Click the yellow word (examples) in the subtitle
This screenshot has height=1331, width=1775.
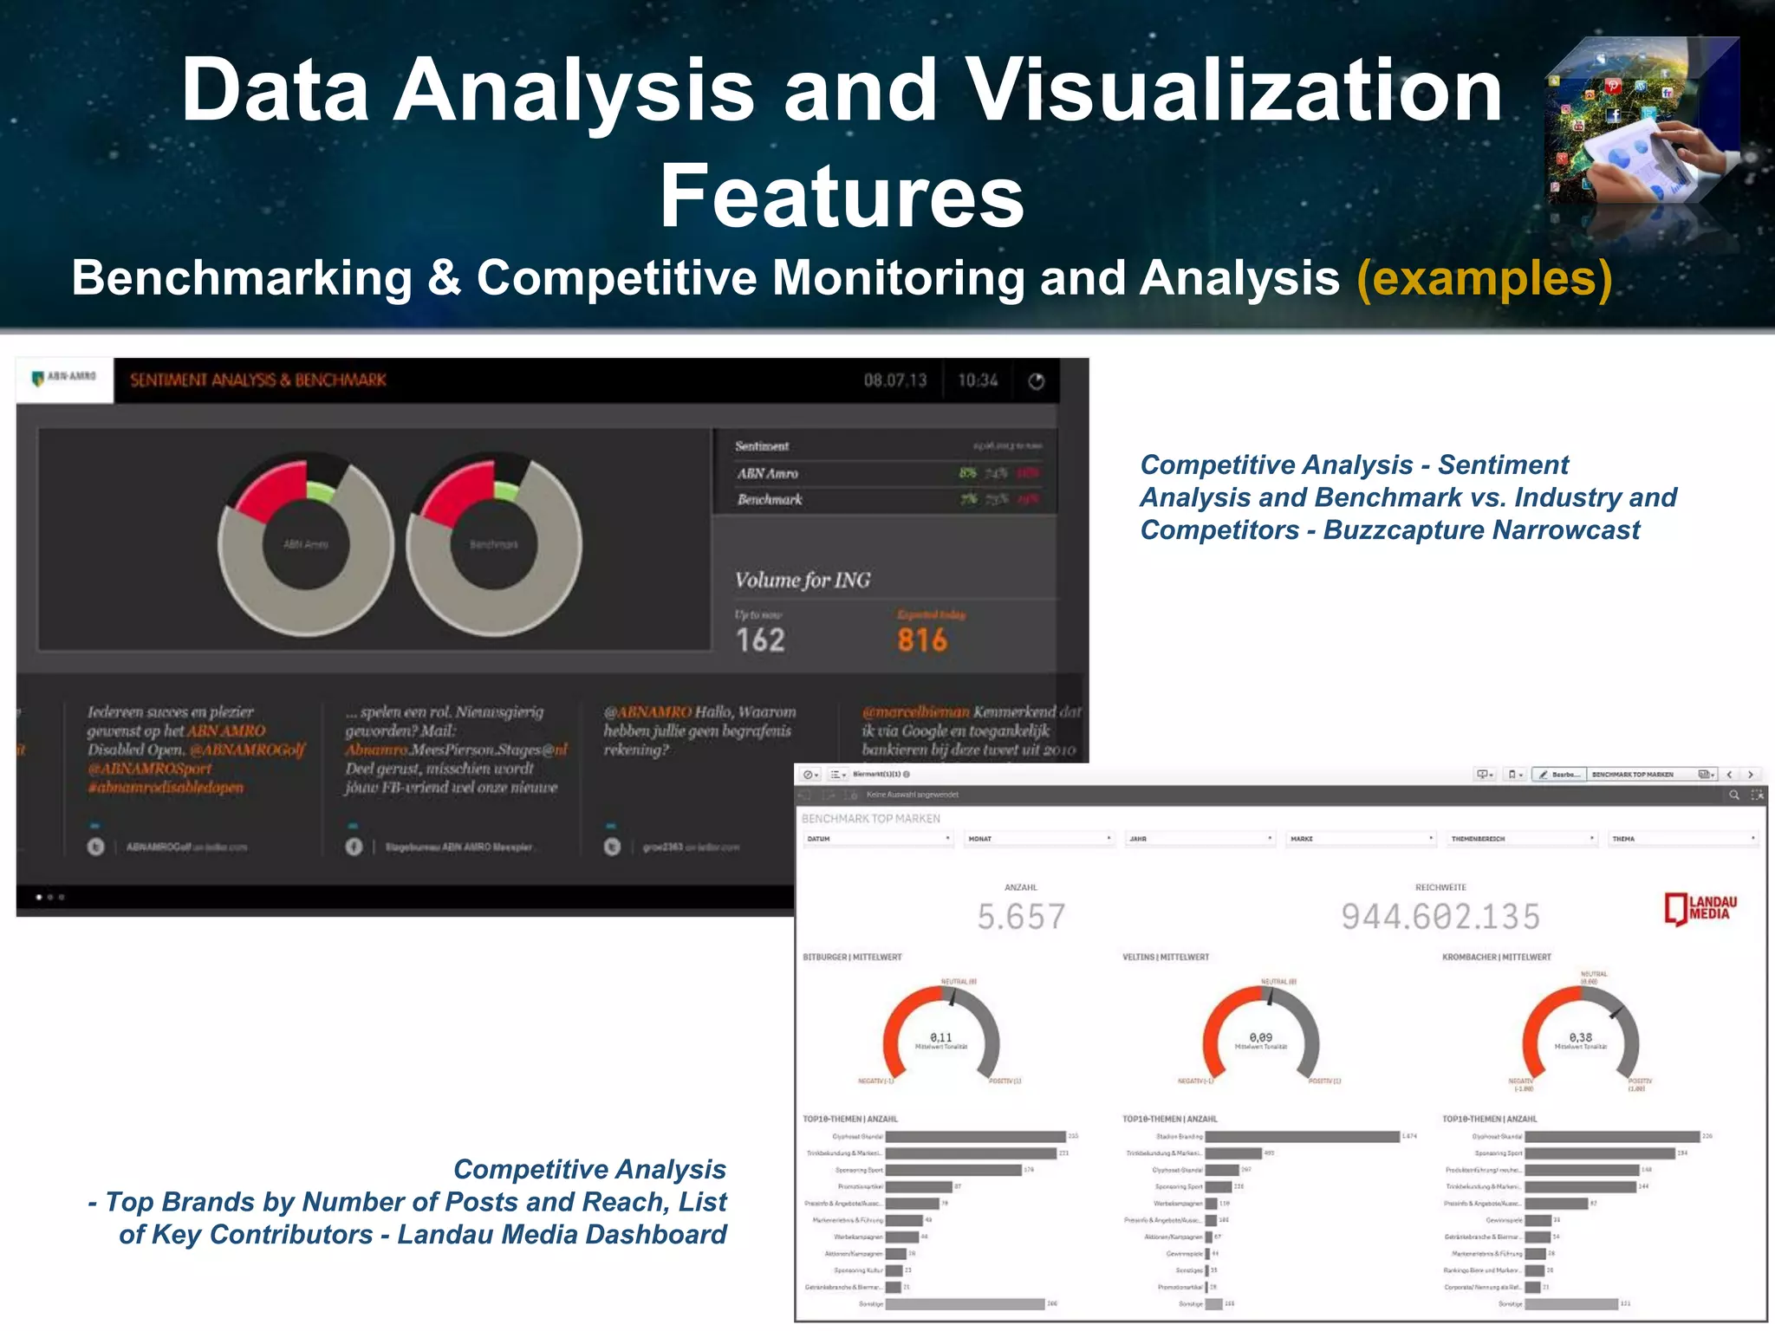1484,279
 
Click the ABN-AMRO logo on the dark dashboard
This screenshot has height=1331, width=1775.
64,378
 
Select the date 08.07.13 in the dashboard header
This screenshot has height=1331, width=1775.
894,380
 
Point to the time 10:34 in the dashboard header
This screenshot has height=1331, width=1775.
978,380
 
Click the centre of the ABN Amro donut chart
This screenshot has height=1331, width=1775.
306,544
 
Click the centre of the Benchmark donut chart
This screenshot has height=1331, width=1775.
494,544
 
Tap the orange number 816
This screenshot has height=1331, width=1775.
922,640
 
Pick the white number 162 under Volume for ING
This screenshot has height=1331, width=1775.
760,640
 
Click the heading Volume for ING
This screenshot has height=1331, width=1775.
803,580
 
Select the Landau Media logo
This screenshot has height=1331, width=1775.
1700,908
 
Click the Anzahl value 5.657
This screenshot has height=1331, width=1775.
1021,917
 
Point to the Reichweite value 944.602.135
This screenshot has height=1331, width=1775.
1440,917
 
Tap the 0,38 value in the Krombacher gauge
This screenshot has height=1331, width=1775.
1581,1037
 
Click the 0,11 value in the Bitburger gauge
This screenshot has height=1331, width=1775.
941,1037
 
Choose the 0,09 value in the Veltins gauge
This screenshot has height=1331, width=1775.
1261,1037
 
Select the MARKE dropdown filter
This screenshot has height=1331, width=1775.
1361,839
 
